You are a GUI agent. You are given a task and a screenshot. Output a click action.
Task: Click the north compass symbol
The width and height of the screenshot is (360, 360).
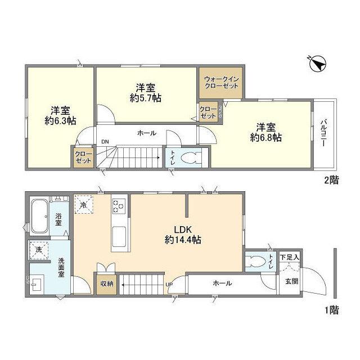[317, 64]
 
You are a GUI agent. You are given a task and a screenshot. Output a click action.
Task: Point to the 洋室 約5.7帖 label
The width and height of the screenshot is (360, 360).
[145, 93]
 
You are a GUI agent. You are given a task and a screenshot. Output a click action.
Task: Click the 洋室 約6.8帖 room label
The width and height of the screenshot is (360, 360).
[266, 132]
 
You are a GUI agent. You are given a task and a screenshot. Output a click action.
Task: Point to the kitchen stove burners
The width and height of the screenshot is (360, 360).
[119, 207]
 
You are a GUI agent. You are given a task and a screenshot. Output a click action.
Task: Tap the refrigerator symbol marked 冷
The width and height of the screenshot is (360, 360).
[84, 205]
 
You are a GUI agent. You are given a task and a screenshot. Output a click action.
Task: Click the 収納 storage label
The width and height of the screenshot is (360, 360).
[107, 284]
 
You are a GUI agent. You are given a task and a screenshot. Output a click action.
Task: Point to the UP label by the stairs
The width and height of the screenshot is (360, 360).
[169, 285]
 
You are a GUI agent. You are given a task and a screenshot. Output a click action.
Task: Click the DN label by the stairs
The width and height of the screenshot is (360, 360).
[105, 142]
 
